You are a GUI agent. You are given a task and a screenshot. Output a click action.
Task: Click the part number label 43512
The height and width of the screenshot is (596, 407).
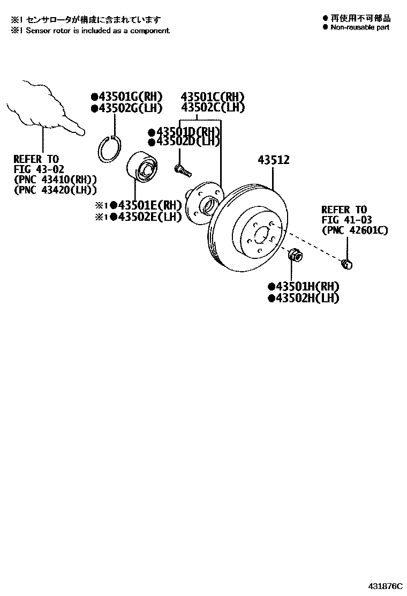pos(273,160)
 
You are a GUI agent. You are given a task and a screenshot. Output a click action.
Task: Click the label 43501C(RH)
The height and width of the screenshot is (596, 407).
pos(213,96)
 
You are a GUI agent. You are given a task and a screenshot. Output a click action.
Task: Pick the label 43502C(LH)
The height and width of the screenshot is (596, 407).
pos(213,108)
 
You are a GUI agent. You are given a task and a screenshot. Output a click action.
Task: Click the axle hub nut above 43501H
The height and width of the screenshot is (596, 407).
pos(294,255)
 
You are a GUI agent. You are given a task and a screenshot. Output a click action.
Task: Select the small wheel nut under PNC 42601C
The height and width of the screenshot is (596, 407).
pos(346,263)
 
